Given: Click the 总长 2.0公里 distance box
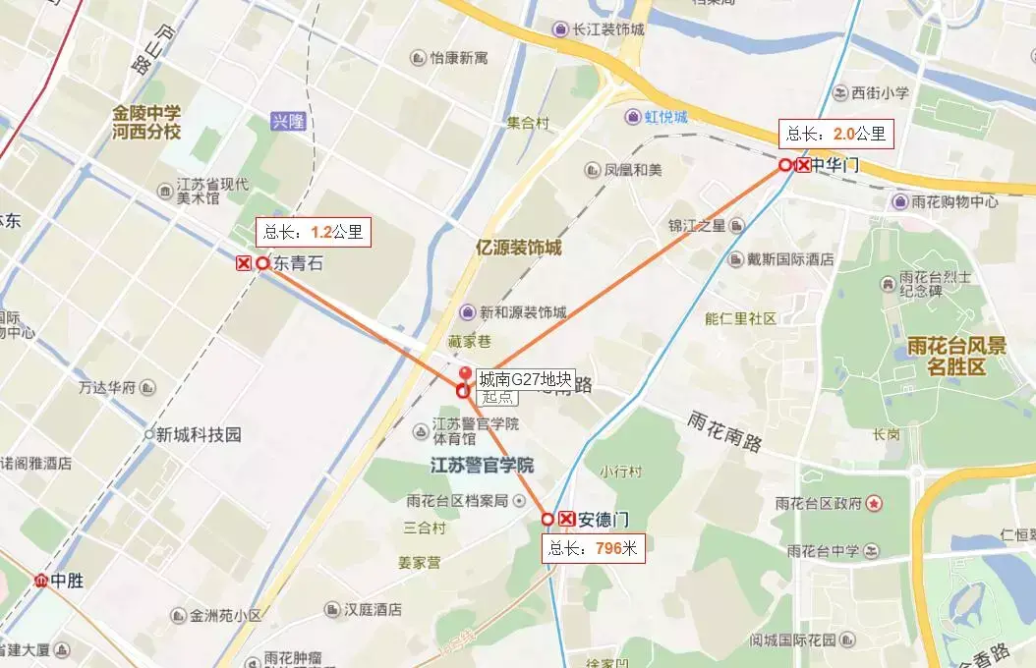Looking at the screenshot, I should pyautogui.click(x=836, y=134).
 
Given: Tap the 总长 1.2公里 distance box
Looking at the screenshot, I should pyautogui.click(x=313, y=233).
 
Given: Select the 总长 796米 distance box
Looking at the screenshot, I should pyautogui.click(x=595, y=549).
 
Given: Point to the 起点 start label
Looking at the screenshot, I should pyautogui.click(x=497, y=397).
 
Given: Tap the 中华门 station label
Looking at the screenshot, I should pyautogui.click(x=835, y=165).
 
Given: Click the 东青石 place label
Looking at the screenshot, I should pyautogui.click(x=298, y=263).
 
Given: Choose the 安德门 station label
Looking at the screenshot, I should pyautogui.click(x=604, y=519).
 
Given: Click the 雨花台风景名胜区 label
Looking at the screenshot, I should pyautogui.click(x=945, y=357).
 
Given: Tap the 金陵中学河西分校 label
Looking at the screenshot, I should pyautogui.click(x=146, y=123).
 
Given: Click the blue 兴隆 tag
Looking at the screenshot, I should pyautogui.click(x=289, y=122).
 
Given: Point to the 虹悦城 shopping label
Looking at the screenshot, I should pyautogui.click(x=666, y=118).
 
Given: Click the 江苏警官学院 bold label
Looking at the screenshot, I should pyautogui.click(x=482, y=464).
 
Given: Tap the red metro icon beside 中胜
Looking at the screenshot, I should pyautogui.click(x=42, y=581).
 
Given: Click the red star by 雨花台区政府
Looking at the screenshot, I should pyautogui.click(x=874, y=503).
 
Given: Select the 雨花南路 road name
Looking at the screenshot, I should pyautogui.click(x=725, y=431).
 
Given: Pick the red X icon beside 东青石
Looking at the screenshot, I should pyautogui.click(x=244, y=263).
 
